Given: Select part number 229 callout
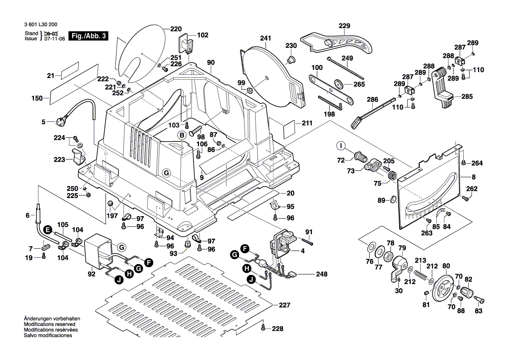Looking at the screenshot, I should coord(344,26).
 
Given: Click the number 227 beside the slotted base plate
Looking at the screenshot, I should coord(284,306).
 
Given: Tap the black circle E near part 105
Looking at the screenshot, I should coord(48,229).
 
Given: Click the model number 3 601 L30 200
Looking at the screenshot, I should coord(44,25).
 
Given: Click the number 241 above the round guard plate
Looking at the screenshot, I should coord(266,38).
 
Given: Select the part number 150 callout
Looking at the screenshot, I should coord(37,98).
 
